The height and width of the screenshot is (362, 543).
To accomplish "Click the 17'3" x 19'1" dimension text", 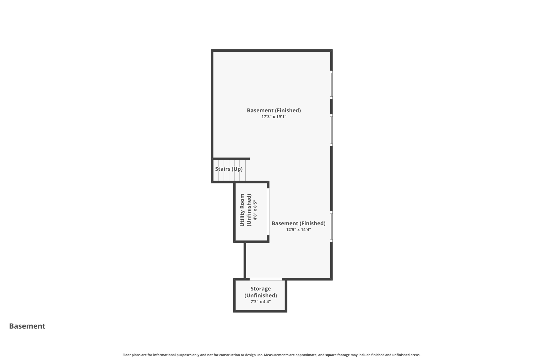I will (x=274, y=117).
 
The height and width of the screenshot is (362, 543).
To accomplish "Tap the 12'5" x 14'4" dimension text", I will (x=298, y=230).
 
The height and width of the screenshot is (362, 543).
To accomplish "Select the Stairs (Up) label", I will (x=229, y=169).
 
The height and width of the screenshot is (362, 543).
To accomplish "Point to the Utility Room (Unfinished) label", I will (x=245, y=210).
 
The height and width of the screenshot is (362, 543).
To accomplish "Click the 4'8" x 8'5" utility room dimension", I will (x=255, y=210).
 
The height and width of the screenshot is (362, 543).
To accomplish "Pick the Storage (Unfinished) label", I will (x=260, y=292).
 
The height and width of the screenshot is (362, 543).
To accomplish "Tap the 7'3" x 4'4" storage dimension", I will (x=260, y=302).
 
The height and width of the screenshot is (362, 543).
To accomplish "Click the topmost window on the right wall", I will (x=331, y=85).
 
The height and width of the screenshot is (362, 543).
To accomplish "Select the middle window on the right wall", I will (x=331, y=130).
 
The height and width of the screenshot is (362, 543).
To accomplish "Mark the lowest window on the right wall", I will (x=331, y=227).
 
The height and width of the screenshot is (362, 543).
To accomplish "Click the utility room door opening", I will (x=268, y=212).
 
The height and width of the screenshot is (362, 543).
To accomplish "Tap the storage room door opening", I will (x=266, y=279).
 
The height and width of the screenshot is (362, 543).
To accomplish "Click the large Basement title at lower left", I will (x=27, y=326).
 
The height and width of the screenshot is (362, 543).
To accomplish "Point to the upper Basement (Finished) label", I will (x=274, y=110).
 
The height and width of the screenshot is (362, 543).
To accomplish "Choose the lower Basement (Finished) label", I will (x=298, y=223).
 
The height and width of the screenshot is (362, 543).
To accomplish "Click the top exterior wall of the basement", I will (x=271, y=50).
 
